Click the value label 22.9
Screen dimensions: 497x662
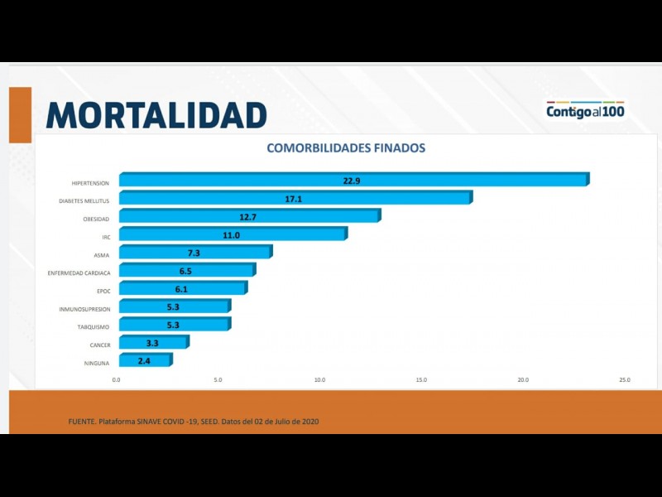(x=352, y=180)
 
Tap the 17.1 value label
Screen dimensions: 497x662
(x=294, y=198)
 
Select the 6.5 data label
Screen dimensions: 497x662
(x=185, y=271)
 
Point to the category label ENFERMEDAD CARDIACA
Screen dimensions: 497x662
(x=80, y=273)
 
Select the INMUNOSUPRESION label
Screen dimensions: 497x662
(x=84, y=309)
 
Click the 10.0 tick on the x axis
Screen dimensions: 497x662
(x=319, y=380)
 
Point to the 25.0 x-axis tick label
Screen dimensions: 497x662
(x=625, y=380)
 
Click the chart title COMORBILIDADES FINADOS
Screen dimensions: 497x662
(x=346, y=148)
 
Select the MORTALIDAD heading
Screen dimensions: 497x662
(x=156, y=114)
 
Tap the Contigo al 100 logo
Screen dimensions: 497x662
(x=585, y=110)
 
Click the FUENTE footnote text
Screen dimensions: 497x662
(x=194, y=422)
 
